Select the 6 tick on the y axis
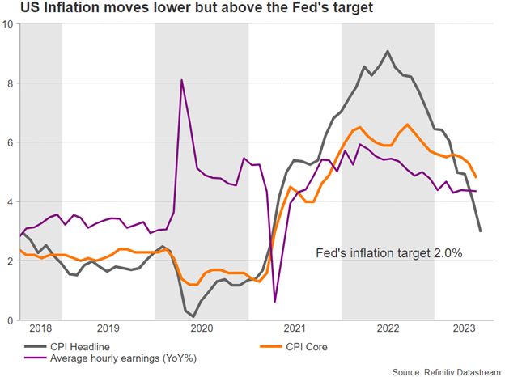coord(10,142)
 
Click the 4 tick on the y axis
coord(10,201)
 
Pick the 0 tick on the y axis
coord(10,320)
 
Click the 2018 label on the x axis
coord(40,329)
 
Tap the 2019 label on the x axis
coord(108,329)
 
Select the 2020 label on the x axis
coord(202,329)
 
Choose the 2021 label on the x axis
coord(295,329)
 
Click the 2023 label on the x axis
coord(464,329)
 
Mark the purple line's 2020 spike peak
coord(181,80)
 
